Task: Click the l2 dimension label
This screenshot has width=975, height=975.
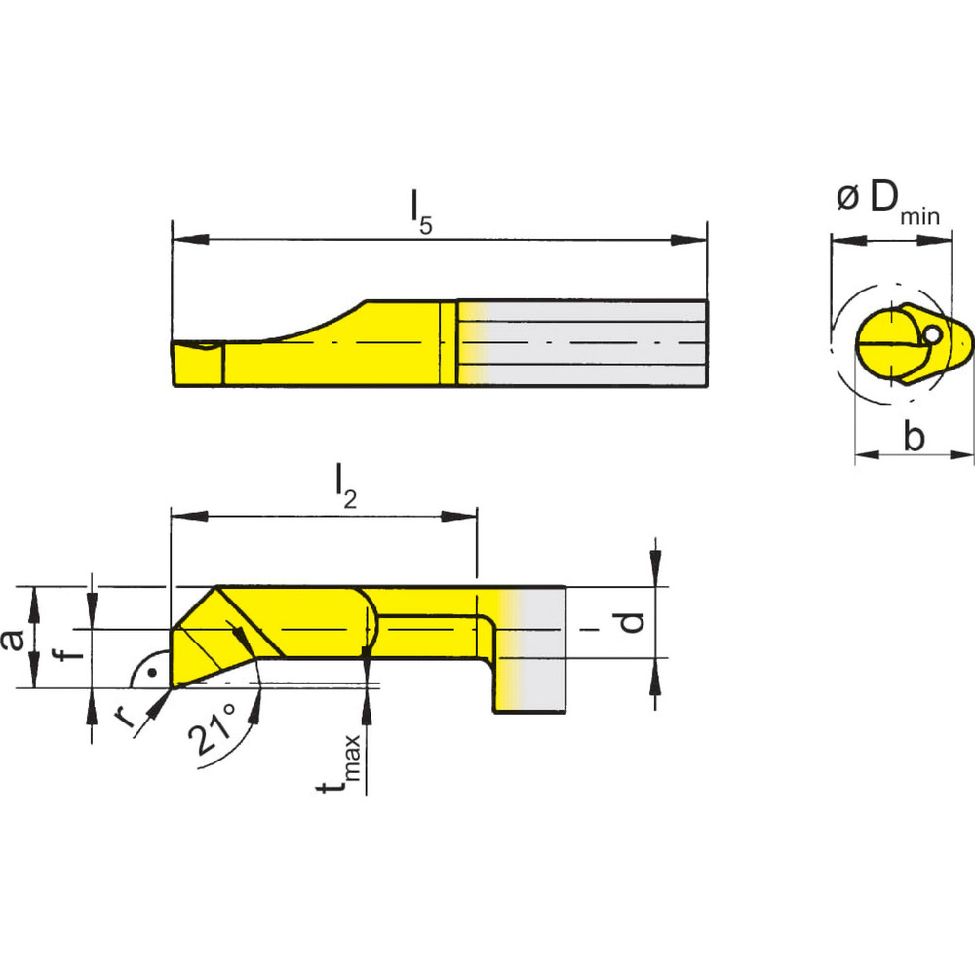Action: point(346,485)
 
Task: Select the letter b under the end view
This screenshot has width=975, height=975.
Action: point(913,438)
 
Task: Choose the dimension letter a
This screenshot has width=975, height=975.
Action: point(13,640)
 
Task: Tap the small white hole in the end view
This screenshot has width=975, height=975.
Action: point(933,334)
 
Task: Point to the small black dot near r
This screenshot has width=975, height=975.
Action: point(150,673)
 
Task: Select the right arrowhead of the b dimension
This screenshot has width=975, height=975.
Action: point(964,454)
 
